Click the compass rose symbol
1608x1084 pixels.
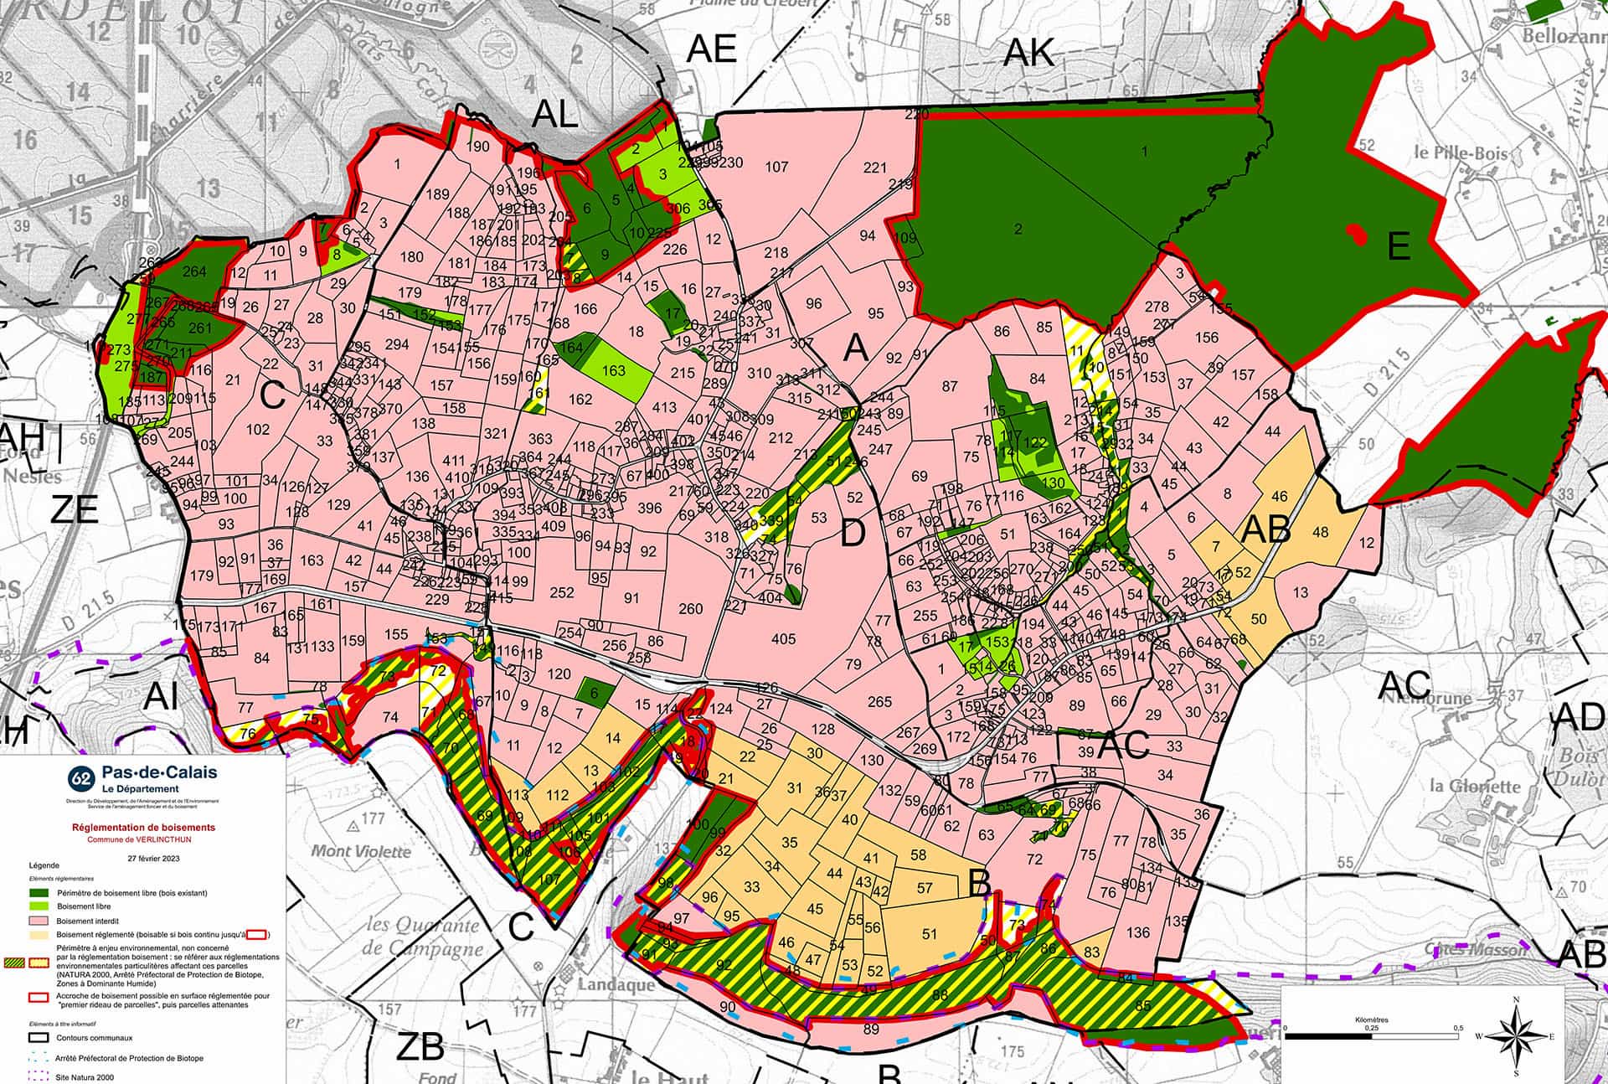[1516, 1035]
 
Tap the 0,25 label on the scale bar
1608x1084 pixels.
[1371, 1028]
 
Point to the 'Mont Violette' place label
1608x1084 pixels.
[361, 851]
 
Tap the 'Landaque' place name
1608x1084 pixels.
[615, 984]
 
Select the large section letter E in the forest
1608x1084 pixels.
[1398, 247]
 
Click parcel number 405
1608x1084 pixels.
[783, 639]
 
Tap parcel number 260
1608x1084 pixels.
[690, 609]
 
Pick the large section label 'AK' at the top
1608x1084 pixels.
[1028, 54]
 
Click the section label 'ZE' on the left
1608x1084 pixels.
[75, 509]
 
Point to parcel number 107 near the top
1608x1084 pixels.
[776, 167]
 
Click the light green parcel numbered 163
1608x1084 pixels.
[613, 370]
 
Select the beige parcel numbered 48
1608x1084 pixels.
[1321, 533]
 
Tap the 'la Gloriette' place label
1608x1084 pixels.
[1473, 786]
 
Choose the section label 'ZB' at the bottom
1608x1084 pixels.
[420, 1047]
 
